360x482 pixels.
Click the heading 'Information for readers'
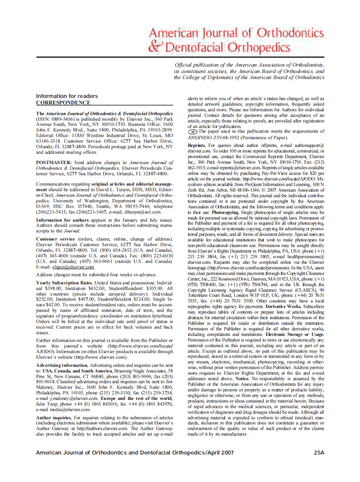tap(67, 96)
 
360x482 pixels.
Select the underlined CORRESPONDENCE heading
tap(63, 103)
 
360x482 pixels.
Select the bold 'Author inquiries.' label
tap(54, 417)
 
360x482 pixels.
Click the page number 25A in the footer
tap(319, 452)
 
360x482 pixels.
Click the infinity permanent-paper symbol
tap(193, 132)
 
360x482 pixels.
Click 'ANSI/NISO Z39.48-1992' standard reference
tap(214, 137)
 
